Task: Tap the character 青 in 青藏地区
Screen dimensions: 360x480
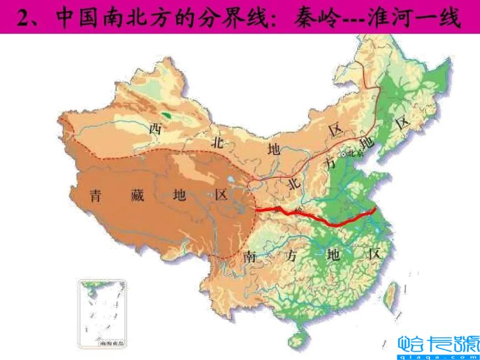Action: pyautogui.click(x=96, y=195)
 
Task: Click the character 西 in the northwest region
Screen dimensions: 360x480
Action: pyautogui.click(x=156, y=129)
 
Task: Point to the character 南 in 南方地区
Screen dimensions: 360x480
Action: pyautogui.click(x=251, y=257)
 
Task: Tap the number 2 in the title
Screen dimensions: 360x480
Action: pyautogui.click(x=22, y=18)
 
